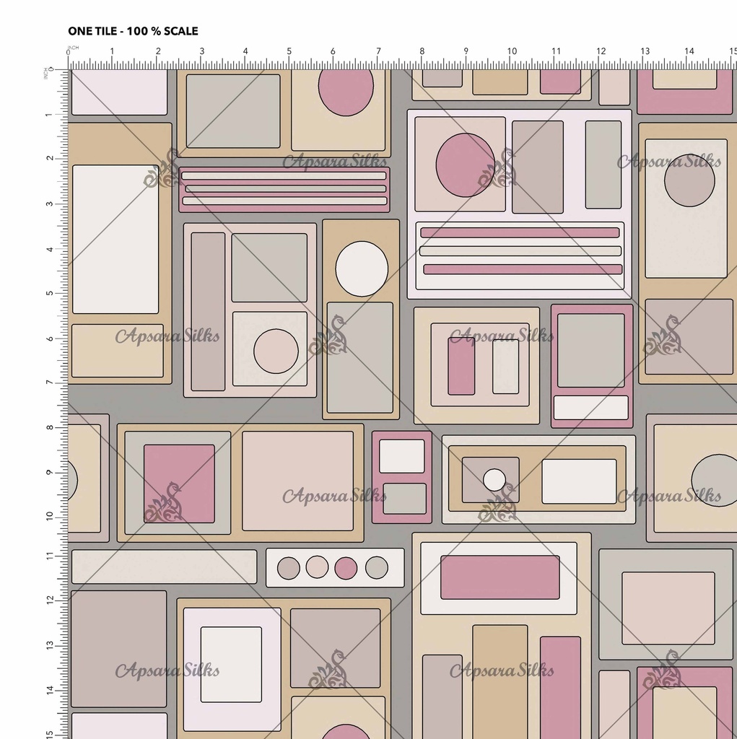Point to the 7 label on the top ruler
(378, 51)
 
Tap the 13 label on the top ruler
(645, 51)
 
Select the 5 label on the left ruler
(50, 293)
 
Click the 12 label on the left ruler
(50, 600)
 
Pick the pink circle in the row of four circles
(346, 568)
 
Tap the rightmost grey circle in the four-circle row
(376, 567)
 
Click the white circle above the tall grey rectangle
(362, 268)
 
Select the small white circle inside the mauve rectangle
(494, 480)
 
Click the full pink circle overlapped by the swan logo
(466, 165)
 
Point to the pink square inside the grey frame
(179, 484)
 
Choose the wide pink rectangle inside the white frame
(500, 577)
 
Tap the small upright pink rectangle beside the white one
(461, 366)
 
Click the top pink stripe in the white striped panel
(520, 232)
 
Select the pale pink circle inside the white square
(276, 351)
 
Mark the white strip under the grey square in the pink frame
(590, 408)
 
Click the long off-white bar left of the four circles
(164, 567)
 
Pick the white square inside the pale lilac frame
(231, 665)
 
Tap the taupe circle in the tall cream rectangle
(689, 180)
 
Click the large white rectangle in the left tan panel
(115, 239)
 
